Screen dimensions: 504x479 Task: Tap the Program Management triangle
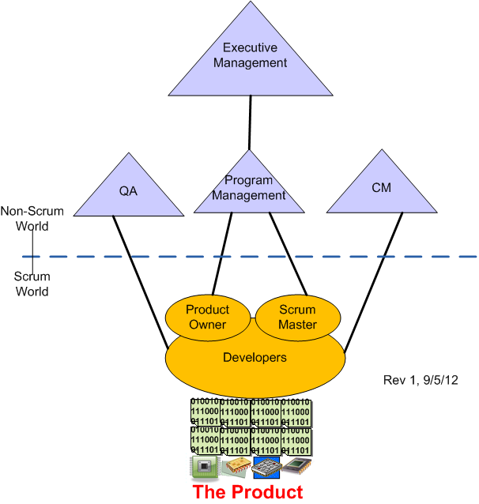click(x=250, y=190)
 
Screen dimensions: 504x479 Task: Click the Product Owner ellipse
click(x=206, y=317)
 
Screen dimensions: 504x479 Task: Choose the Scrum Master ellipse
click(x=297, y=317)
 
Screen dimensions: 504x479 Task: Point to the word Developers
click(x=255, y=358)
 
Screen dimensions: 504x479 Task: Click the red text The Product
click(x=247, y=492)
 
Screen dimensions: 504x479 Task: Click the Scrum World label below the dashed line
click(x=32, y=284)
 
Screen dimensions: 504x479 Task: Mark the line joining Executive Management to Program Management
click(x=250, y=122)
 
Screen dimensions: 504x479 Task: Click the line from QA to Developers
click(x=141, y=280)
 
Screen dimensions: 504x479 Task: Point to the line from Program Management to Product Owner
click(x=222, y=253)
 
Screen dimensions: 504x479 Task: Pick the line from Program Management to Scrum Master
click(x=288, y=253)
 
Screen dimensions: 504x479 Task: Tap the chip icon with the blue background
click(x=267, y=468)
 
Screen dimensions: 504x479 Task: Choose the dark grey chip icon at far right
click(x=296, y=466)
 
